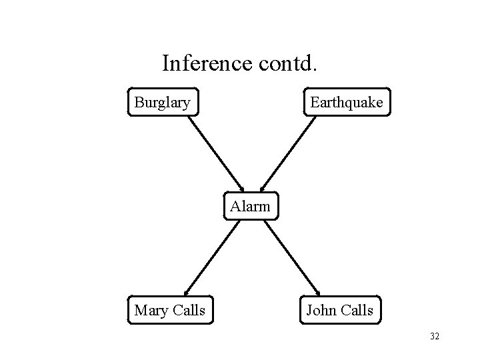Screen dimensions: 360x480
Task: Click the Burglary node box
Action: [163, 103]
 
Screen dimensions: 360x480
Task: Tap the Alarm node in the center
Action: [251, 206]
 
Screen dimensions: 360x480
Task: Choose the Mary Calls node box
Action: [169, 310]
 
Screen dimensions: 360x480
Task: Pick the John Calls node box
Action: [340, 310]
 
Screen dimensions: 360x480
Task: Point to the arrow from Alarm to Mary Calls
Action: [211, 257]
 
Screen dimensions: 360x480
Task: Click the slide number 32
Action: [435, 337]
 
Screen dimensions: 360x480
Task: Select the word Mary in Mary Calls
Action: [150, 310]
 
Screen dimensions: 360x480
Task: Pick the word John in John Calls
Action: [321, 310]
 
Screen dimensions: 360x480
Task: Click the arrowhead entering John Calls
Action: [317, 291]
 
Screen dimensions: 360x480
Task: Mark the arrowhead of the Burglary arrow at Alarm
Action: [241, 188]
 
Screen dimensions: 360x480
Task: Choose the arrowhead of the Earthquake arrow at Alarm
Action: [263, 188]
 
